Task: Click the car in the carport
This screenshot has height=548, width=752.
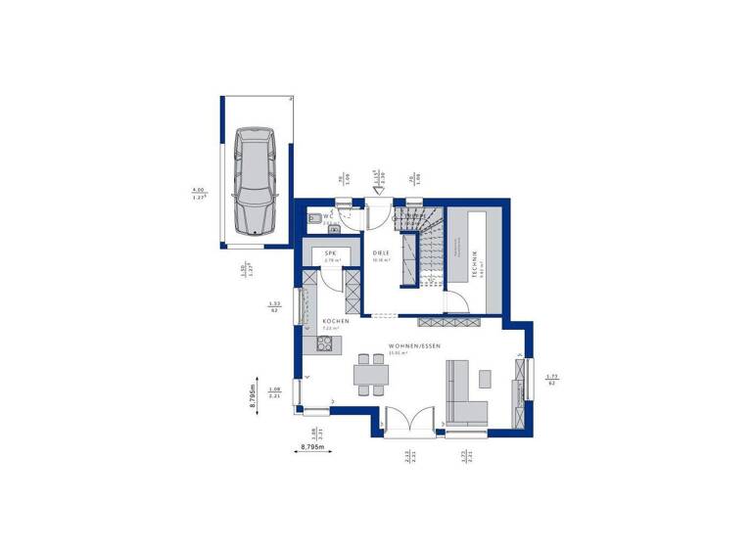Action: [256, 181]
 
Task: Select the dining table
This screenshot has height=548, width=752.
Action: [371, 373]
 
